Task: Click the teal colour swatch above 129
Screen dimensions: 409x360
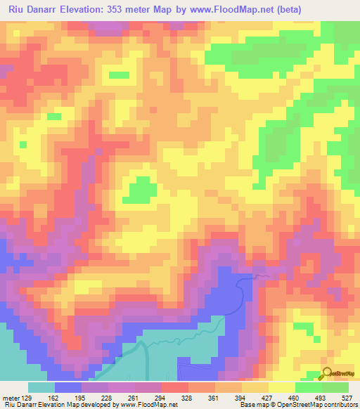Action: pyautogui.click(x=41, y=387)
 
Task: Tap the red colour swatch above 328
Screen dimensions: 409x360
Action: pyautogui.click(x=175, y=387)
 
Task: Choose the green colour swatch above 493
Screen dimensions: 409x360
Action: pyautogui.click(x=335, y=387)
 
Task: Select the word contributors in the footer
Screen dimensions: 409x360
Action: pyautogui.click(x=338, y=405)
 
